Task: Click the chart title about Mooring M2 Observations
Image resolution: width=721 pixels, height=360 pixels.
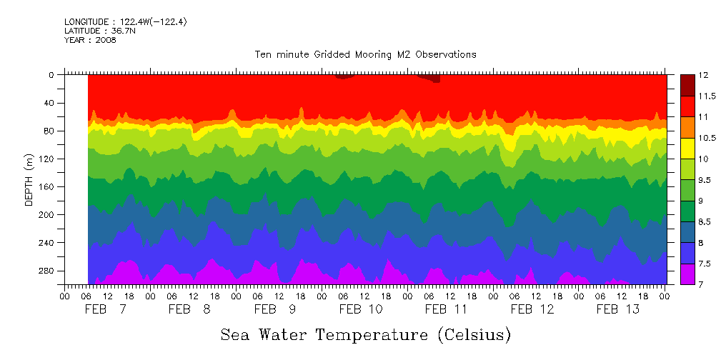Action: [x=365, y=54]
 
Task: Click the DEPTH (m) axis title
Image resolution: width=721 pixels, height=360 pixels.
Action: [x=29, y=181]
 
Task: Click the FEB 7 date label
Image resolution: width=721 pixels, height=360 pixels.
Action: [x=104, y=309]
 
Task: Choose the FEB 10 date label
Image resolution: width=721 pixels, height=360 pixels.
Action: [x=361, y=309]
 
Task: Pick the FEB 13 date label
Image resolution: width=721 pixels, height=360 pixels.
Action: [x=618, y=309]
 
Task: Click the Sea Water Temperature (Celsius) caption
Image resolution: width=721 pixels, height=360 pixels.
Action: [x=365, y=334]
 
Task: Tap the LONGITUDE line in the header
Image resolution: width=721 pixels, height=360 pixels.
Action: [x=126, y=22]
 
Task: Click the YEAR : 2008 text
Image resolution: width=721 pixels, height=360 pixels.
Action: [x=90, y=40]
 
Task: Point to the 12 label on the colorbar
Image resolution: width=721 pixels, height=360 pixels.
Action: [x=703, y=75]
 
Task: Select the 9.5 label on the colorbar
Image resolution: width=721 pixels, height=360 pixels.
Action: [x=705, y=180]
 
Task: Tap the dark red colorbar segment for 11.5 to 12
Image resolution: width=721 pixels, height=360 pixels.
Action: [x=687, y=85]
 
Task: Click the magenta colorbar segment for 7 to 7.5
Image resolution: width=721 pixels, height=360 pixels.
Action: [x=687, y=274]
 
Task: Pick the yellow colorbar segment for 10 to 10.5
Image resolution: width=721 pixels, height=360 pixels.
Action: [x=687, y=148]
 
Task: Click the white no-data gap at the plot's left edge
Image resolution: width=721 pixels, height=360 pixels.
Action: [x=76, y=179]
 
